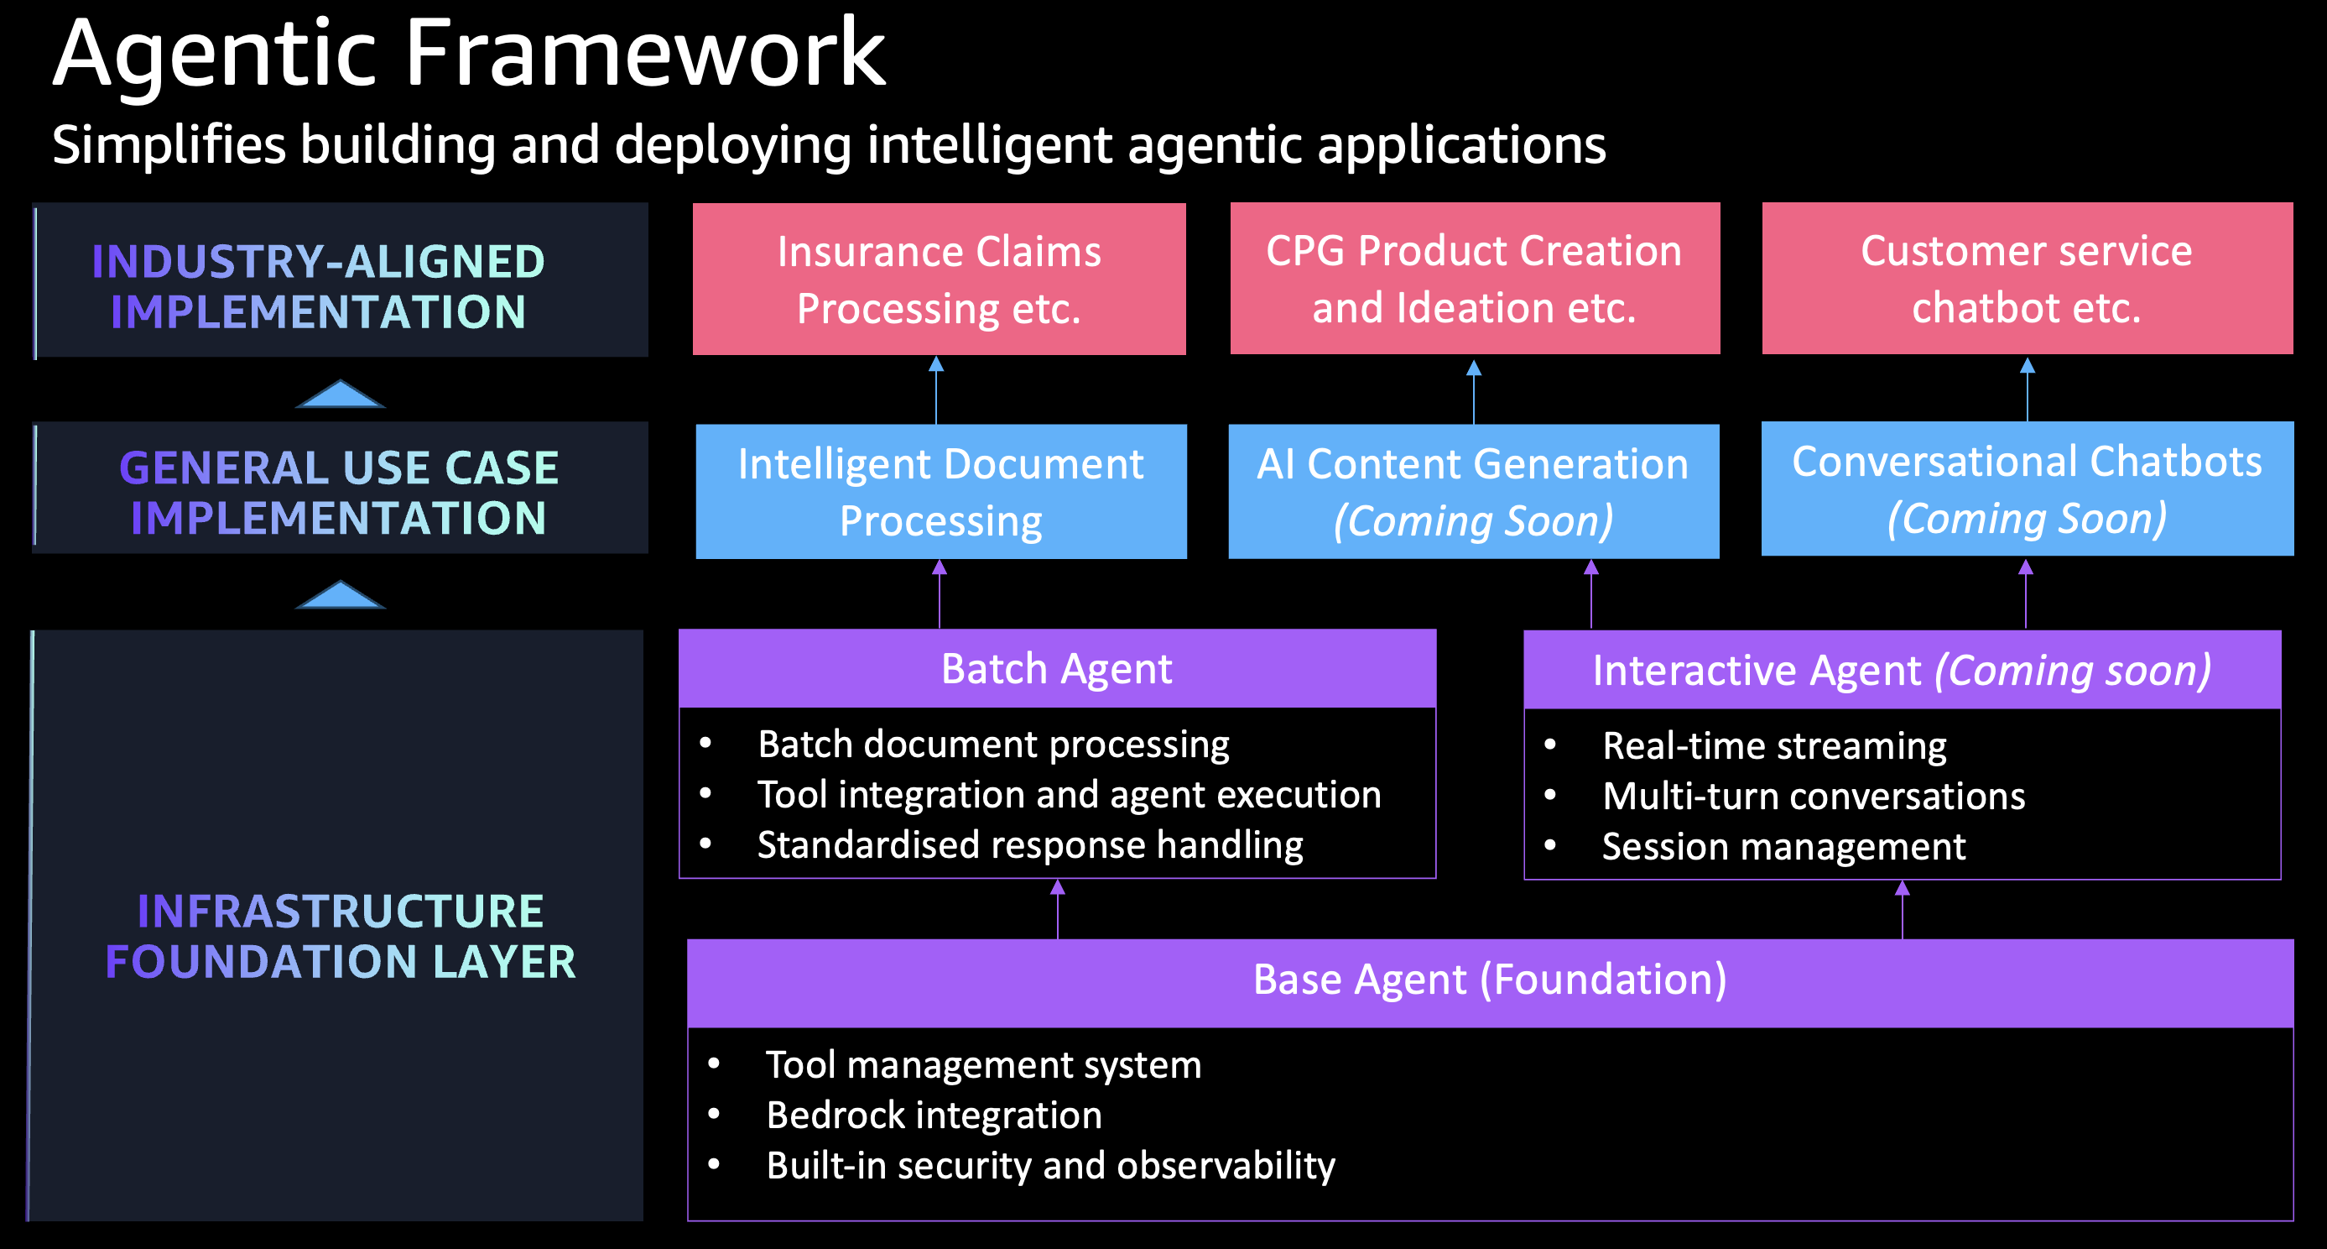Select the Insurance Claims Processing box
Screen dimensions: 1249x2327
click(939, 279)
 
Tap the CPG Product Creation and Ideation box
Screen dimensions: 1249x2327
click(1474, 279)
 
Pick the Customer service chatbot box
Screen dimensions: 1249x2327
click(2026, 279)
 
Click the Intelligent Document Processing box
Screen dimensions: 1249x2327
click(940, 492)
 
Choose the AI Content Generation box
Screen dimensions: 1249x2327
click(1473, 492)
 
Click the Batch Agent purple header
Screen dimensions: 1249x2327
click(1057, 669)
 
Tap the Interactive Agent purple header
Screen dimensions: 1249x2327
click(1902, 670)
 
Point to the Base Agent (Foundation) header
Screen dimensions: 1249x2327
click(1490, 980)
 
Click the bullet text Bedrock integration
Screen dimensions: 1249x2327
click(934, 1116)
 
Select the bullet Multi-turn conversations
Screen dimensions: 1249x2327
click(1813, 797)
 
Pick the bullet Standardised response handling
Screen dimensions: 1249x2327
click(1030, 845)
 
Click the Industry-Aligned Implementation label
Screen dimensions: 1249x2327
click(319, 285)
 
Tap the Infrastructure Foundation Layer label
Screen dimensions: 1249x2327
click(341, 935)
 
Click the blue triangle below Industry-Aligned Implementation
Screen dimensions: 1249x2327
click(341, 395)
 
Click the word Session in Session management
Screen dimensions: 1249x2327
click(1658, 847)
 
